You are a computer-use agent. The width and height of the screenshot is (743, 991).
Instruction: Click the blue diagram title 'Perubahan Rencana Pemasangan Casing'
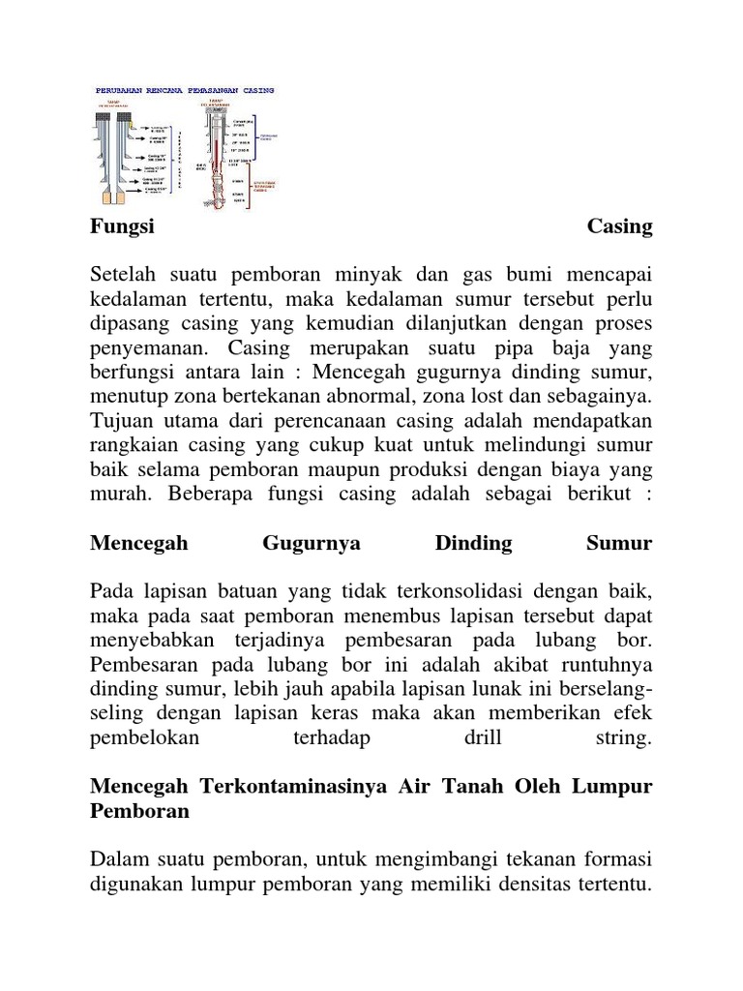click(x=185, y=89)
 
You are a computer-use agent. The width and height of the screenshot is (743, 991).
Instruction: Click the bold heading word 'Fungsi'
click(x=123, y=226)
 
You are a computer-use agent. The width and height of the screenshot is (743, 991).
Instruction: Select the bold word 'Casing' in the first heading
click(x=619, y=226)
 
